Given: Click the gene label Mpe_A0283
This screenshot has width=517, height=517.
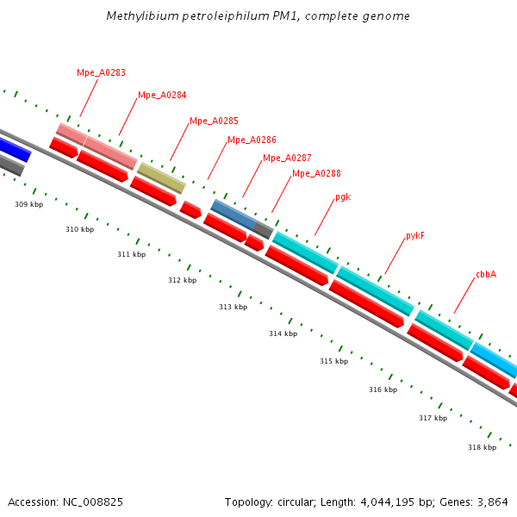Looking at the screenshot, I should coord(101,73).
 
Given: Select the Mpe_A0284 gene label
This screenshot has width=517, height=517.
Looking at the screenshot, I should coord(162,96).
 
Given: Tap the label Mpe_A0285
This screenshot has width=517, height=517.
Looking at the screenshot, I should coord(214,121).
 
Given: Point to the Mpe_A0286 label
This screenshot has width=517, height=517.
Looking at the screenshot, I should coord(252,140).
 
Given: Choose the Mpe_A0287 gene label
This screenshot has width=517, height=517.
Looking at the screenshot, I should coord(287,159).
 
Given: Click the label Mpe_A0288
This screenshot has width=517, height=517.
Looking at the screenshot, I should coord(316,174).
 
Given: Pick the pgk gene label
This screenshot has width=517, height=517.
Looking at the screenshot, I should coord(343,197).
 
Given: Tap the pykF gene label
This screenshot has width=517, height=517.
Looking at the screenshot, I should coord(415,236).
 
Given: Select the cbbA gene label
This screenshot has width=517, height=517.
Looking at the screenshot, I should coord(486,275).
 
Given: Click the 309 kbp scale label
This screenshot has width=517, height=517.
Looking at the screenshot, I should coord(28,204).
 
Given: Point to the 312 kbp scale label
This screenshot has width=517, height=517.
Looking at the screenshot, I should coord(182,280).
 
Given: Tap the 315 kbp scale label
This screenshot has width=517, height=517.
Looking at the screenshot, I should coord(333,361).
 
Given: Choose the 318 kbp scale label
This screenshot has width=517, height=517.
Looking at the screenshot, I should coord(482,447).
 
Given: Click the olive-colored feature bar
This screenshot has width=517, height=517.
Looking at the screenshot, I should coord(161,178).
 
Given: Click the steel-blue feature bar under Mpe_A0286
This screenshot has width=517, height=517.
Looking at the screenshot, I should coord(233,215).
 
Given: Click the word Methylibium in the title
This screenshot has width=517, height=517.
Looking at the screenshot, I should coord(140,16).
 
